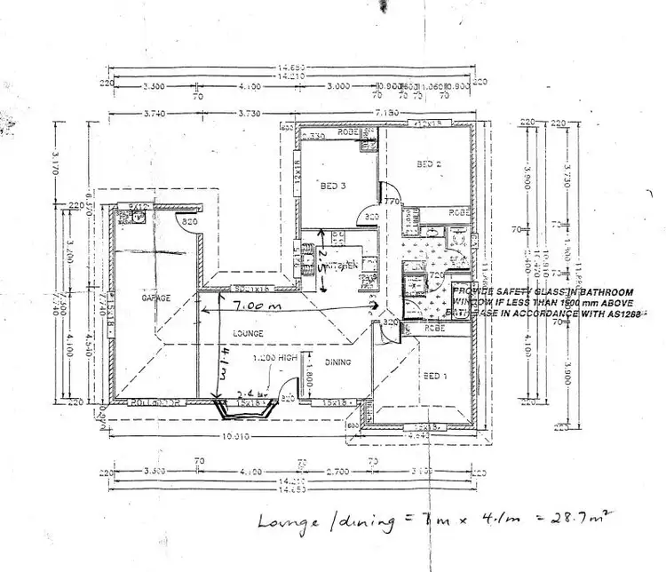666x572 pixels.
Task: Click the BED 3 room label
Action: [x=332, y=186]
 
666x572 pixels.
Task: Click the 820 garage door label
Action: [x=188, y=220]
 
